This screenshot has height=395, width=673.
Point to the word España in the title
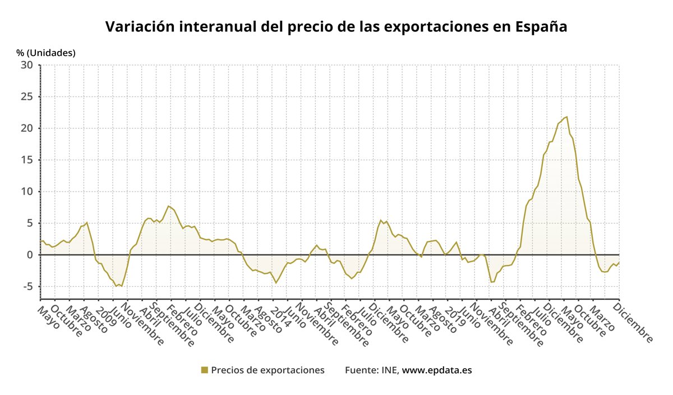click(x=542, y=27)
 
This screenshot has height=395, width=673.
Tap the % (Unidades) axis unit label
click(x=46, y=53)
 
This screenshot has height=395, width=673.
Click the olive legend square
click(x=205, y=370)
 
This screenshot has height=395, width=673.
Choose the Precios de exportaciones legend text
click(x=268, y=370)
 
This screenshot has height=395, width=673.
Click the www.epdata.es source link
click(x=437, y=370)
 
